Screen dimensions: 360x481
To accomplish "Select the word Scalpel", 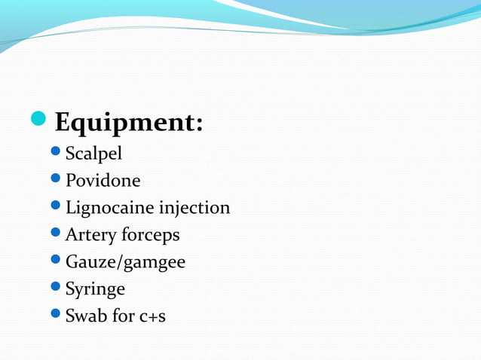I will pos(93,154).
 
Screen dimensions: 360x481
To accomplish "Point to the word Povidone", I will pos(103,181).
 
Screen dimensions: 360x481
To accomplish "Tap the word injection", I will pos(192,208).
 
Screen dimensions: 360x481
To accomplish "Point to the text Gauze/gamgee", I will pos(125,262).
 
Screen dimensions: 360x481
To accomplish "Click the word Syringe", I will pos(95,289).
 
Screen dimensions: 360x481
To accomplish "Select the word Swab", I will pos(85,316).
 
